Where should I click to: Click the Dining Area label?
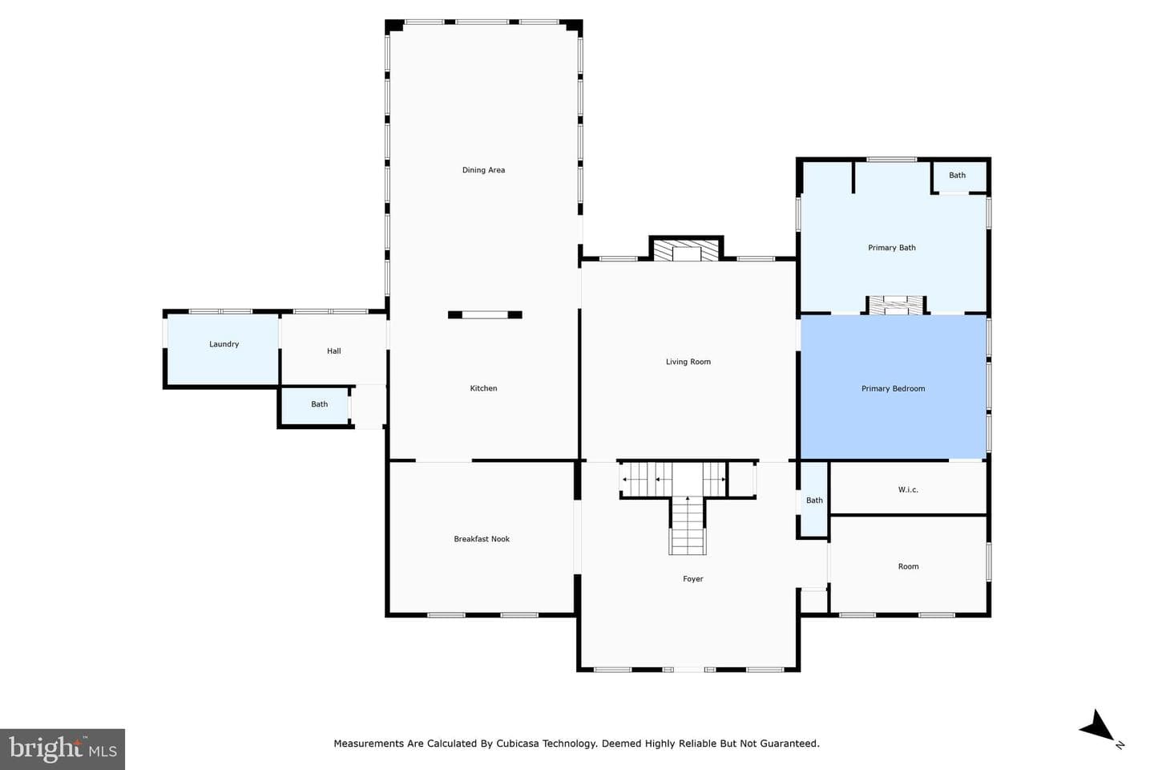point(483,170)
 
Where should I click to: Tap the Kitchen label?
point(483,388)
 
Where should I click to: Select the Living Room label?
point(688,362)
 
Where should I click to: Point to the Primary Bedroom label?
point(894,389)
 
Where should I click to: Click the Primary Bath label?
point(892,248)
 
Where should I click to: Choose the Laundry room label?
point(224,345)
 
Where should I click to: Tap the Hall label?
point(334,351)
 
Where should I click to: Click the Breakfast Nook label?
point(482,539)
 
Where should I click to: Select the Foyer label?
point(693,579)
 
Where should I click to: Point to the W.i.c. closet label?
point(908,490)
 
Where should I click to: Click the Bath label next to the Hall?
point(320,404)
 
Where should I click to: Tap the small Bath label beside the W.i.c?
point(814,500)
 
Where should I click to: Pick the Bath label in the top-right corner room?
point(957,176)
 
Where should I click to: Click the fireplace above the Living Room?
point(686,249)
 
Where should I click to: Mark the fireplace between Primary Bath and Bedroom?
point(897,305)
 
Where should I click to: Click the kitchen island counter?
point(485,314)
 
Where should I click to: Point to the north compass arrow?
point(1098,726)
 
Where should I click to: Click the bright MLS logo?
point(63,749)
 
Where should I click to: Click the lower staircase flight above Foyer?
point(688,525)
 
